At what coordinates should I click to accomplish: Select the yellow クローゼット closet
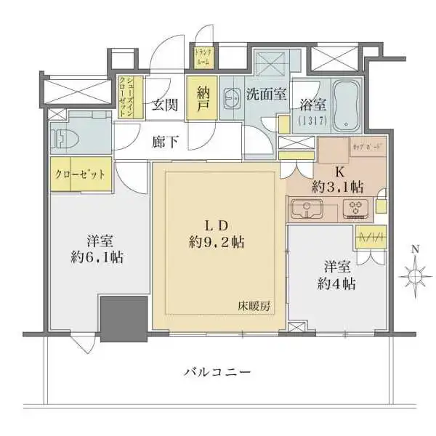(79, 175)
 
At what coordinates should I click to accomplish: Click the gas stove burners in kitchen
(357, 209)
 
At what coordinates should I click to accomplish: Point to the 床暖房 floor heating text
(257, 306)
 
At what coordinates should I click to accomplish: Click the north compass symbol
(415, 275)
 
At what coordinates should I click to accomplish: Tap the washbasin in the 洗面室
(233, 97)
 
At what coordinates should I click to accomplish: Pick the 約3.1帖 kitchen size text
(338, 186)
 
